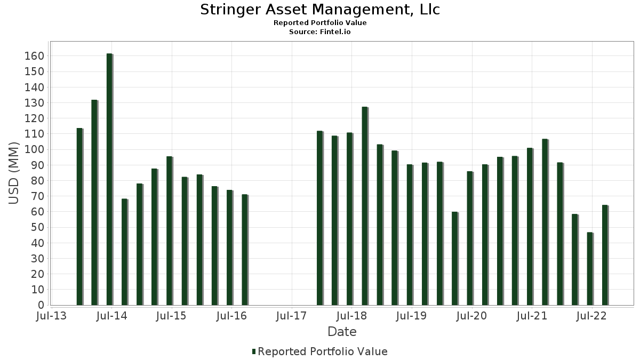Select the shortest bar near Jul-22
coord(590,269)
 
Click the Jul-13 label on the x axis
coord(51,316)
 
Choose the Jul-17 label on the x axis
coord(291,316)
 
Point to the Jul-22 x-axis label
coord(591,316)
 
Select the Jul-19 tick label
coord(411,316)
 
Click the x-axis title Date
coord(342,332)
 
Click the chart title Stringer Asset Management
coord(320,10)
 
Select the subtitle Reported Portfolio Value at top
coord(320,23)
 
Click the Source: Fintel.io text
coord(320,32)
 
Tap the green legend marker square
coord(254,351)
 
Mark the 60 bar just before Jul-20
coord(455,259)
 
